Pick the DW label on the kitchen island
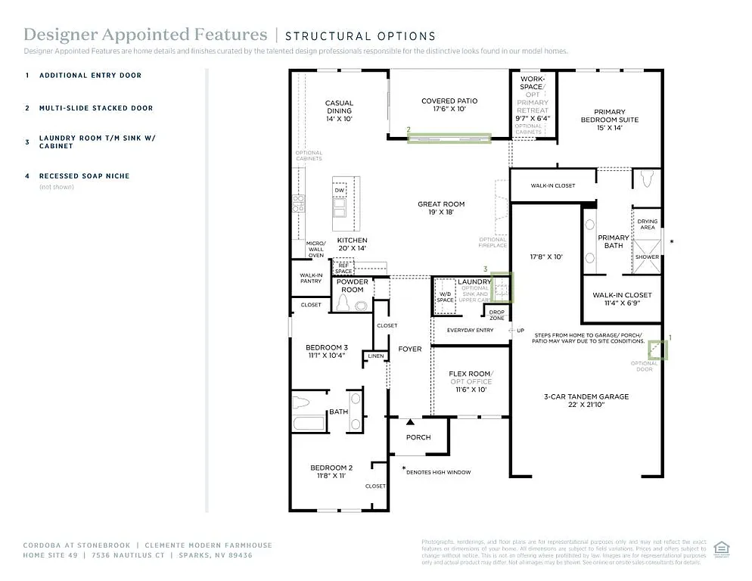pos(340,191)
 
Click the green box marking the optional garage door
pos(659,350)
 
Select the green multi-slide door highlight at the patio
pos(449,138)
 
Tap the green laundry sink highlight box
pos(502,288)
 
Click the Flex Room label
pos(469,374)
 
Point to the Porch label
pos(418,437)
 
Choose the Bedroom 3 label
pos(327,346)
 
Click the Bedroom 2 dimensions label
pos(330,477)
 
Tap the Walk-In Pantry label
pos(311,278)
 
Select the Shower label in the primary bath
pos(647,256)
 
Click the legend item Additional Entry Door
pos(90,76)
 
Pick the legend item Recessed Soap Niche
pos(84,176)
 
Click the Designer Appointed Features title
pos(145,35)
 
